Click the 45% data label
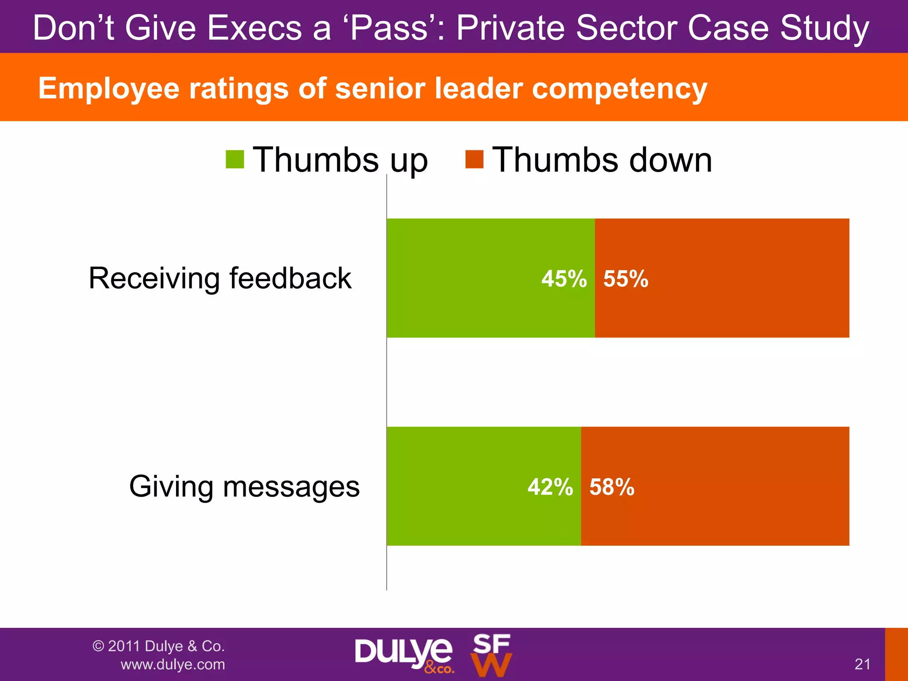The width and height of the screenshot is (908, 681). (x=564, y=279)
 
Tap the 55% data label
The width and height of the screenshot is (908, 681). (x=626, y=279)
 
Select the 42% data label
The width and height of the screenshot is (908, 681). (x=550, y=487)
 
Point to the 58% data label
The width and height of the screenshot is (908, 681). (x=612, y=487)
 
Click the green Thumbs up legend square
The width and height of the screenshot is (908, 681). (x=235, y=160)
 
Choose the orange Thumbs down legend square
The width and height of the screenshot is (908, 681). (x=474, y=160)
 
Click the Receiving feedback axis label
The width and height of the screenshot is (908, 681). (x=220, y=278)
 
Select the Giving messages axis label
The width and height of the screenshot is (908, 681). (x=244, y=486)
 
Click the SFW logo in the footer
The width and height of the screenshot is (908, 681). (x=491, y=655)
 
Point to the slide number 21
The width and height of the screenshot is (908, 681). (x=862, y=664)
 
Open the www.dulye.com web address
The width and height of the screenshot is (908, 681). (x=173, y=665)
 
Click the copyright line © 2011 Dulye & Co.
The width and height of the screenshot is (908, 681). (x=159, y=646)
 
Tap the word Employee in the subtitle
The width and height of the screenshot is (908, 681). (x=109, y=88)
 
